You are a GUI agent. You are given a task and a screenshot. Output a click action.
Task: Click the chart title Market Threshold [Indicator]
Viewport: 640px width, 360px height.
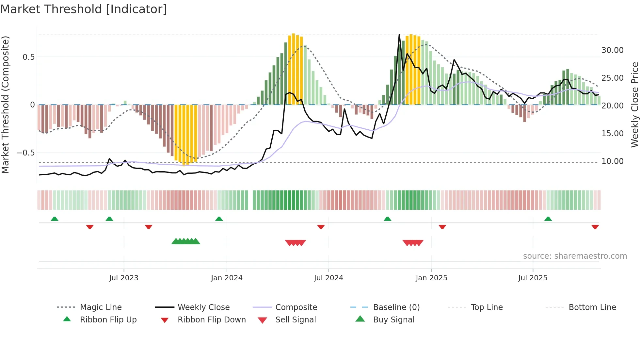(84, 9)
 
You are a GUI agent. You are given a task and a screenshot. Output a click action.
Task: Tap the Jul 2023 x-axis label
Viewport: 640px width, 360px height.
(124, 278)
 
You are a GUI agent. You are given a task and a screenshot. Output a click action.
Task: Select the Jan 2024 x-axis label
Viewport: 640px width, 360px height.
(227, 278)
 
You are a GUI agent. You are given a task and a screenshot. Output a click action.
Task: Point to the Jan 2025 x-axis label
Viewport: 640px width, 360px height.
(431, 278)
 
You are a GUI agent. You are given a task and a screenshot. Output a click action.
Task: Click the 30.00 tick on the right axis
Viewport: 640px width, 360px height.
(612, 50)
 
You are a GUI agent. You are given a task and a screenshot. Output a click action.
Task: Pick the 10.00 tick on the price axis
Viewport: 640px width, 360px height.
(612, 161)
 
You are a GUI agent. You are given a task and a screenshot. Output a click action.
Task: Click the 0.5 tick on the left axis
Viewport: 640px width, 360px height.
(28, 57)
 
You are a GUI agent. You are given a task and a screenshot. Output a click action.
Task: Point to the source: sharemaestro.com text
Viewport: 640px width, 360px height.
(575, 256)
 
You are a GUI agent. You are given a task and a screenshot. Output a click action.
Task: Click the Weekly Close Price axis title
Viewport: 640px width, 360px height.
(634, 105)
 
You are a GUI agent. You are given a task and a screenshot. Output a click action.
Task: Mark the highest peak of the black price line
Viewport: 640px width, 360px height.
(399, 35)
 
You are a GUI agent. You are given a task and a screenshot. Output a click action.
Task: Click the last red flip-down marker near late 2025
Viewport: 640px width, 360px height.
(595, 227)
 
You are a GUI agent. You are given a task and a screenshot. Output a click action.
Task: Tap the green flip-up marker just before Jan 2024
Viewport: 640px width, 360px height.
(219, 219)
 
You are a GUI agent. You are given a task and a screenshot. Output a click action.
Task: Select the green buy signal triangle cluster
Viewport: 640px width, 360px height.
(186, 241)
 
